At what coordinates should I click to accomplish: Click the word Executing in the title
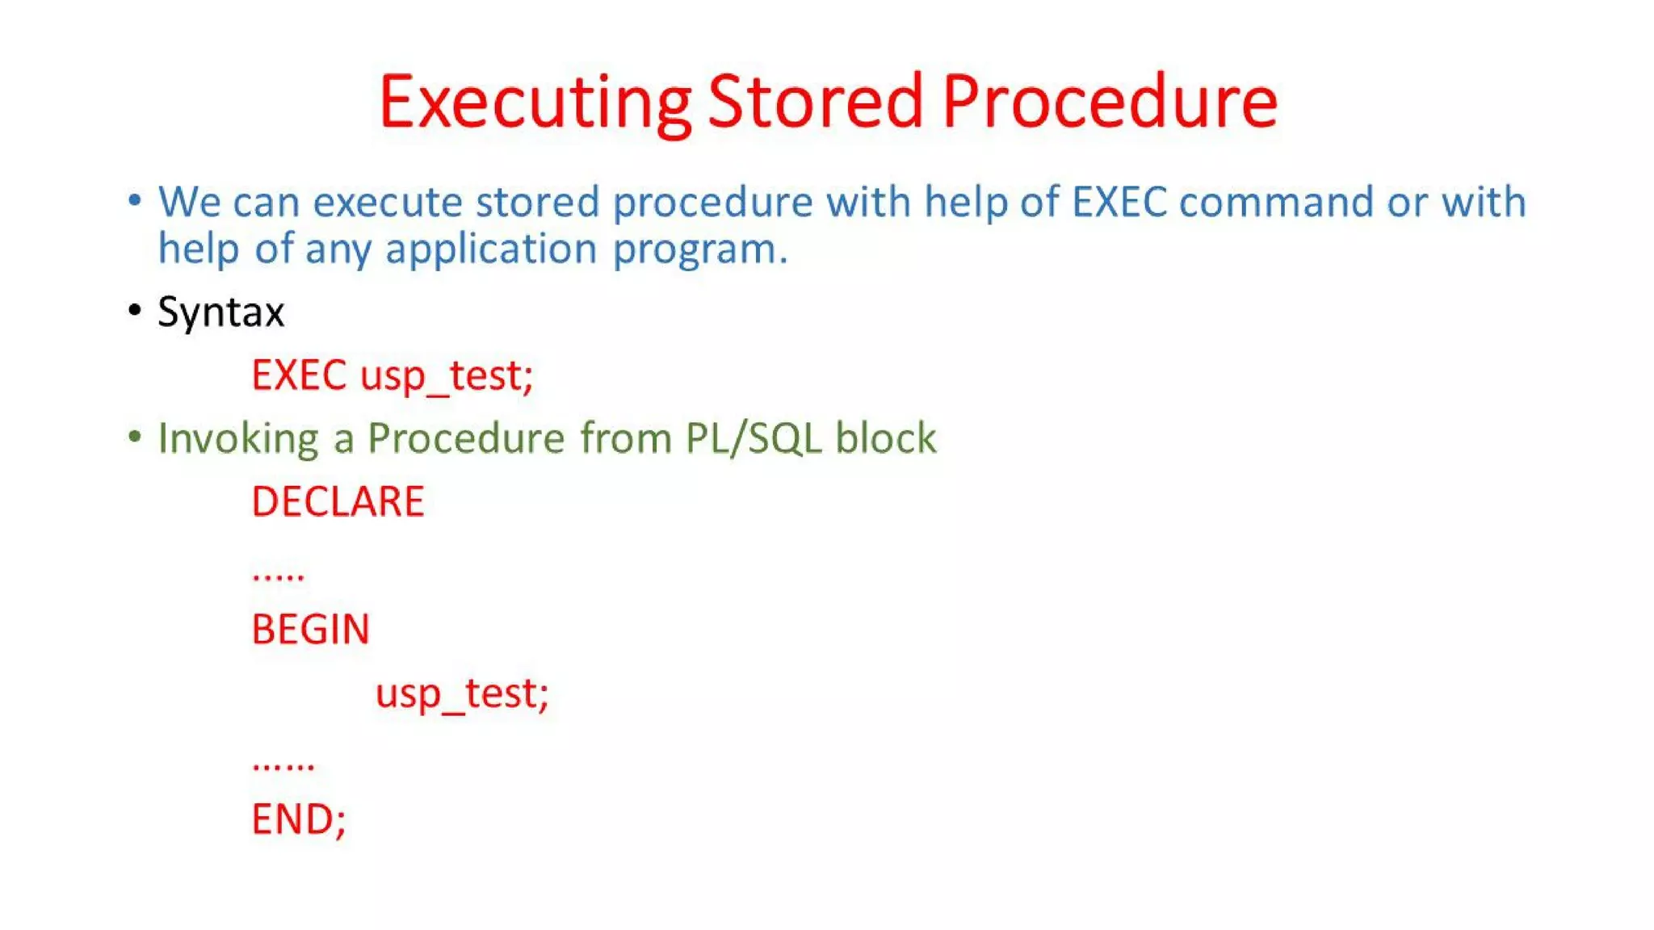tap(535, 103)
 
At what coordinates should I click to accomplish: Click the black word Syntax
tap(221, 312)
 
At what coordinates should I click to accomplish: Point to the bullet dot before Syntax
tap(135, 310)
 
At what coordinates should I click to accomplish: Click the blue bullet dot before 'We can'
tap(135, 199)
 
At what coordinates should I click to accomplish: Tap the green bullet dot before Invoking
tap(135, 437)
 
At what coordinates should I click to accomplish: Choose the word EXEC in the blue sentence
tap(1119, 201)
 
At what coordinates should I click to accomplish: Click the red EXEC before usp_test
tap(299, 375)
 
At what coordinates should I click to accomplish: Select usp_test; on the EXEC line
tap(447, 376)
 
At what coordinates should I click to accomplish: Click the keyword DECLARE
tap(338, 501)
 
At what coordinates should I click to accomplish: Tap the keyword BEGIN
tap(310, 629)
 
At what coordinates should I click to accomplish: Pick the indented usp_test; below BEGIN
tap(462, 693)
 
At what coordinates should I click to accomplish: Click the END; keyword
tap(299, 819)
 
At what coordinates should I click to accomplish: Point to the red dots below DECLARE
tap(279, 575)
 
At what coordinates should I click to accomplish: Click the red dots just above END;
tap(283, 765)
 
